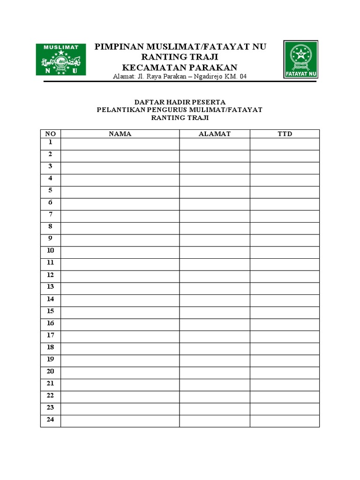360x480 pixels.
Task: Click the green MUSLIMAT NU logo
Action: point(61,60)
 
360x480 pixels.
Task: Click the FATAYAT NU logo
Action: point(300,59)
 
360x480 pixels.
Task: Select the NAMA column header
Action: point(120,134)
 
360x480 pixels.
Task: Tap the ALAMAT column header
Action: point(215,134)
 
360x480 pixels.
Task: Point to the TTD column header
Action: point(285,134)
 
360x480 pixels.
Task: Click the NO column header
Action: point(50,134)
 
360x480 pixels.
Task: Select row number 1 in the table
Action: point(50,142)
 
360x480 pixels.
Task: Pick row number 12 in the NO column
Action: point(50,275)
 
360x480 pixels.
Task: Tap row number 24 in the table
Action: point(50,420)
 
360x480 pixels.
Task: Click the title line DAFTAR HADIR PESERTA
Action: point(180,102)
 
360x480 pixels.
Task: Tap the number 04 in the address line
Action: point(242,76)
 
